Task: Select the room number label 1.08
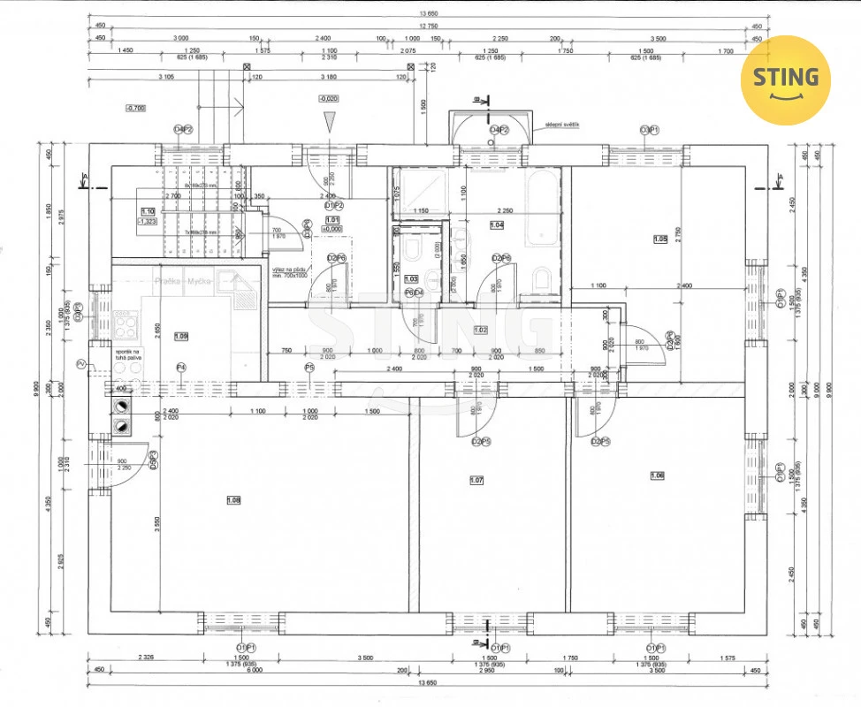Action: (233, 500)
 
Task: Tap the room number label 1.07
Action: (477, 481)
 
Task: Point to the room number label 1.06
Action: (657, 475)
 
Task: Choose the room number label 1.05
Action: (659, 239)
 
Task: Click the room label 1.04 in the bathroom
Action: (496, 225)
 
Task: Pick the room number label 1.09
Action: (181, 336)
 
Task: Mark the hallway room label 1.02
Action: (481, 330)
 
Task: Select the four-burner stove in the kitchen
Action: (126, 327)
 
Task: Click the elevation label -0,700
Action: (136, 109)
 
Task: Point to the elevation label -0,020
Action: (328, 99)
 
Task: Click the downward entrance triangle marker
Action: (329, 122)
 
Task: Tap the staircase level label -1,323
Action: (147, 222)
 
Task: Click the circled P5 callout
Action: (309, 368)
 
